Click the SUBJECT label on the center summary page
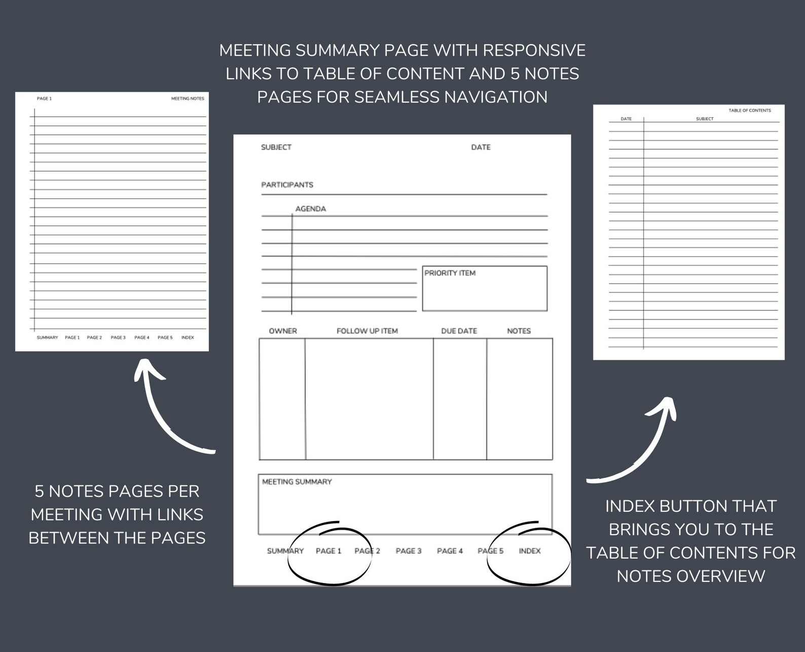(276, 147)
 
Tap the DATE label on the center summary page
(481, 147)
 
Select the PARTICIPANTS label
(287, 185)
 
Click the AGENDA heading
(310, 209)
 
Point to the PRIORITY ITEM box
(484, 288)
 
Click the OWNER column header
(283, 331)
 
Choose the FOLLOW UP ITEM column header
(367, 331)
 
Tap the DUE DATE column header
(459, 331)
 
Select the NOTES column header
(519, 331)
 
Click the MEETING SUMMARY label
(297, 482)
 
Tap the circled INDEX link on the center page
(530, 551)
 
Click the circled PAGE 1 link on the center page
(328, 551)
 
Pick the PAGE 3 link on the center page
(409, 551)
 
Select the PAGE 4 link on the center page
(450, 551)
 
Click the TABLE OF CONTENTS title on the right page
(749, 110)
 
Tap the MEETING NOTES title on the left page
(188, 98)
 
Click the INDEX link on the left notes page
(188, 337)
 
